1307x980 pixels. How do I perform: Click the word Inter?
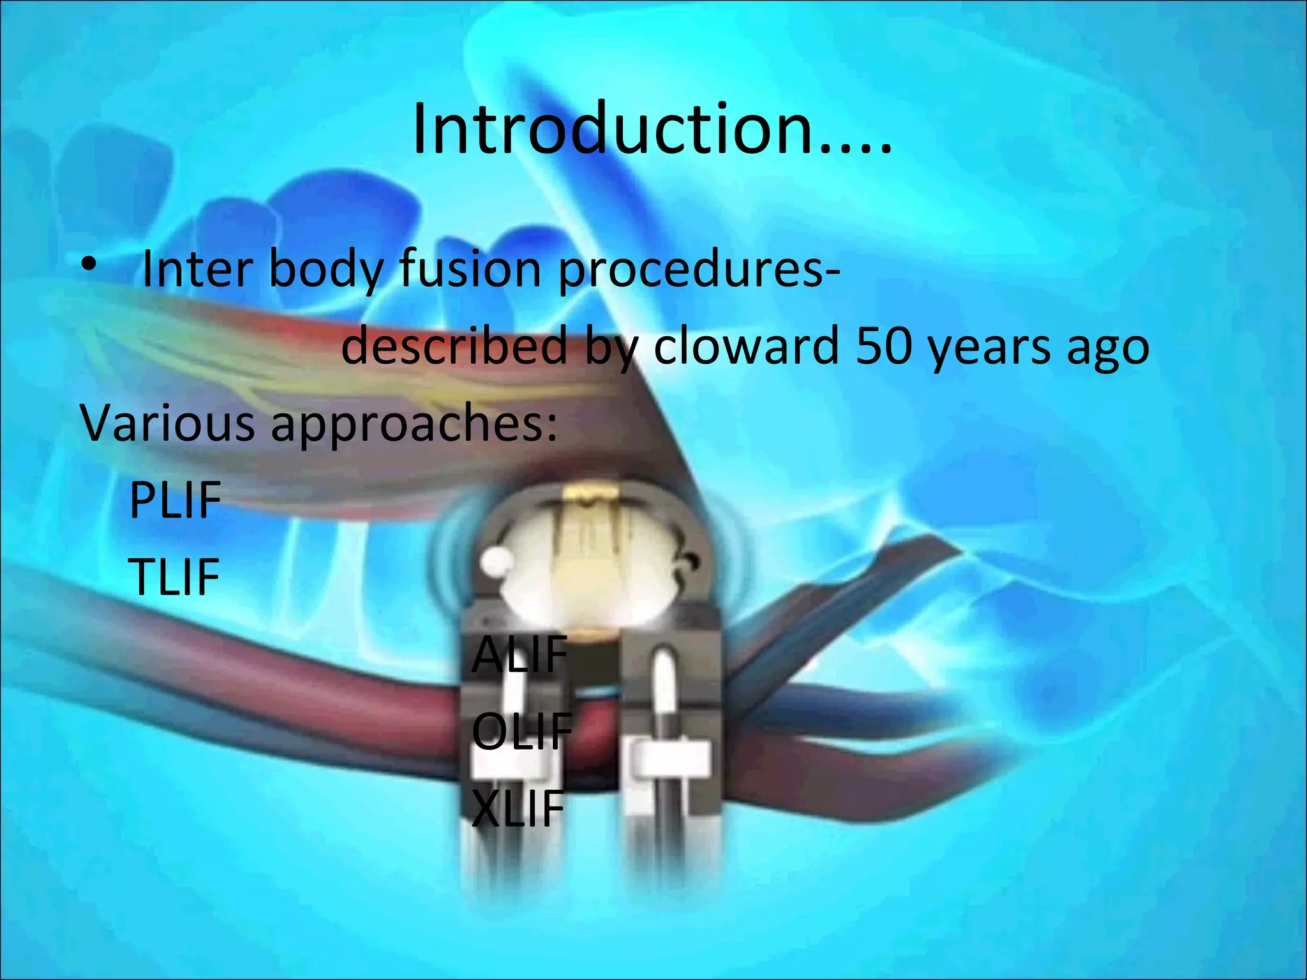pos(197,269)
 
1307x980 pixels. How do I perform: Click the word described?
pos(454,345)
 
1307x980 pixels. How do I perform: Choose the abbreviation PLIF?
pos(175,500)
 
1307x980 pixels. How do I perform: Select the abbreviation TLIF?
pos(174,577)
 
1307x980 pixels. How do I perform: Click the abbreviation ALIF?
pos(519,654)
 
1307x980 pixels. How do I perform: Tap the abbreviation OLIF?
pos(521,731)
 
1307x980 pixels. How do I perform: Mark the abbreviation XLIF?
pos(518,808)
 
